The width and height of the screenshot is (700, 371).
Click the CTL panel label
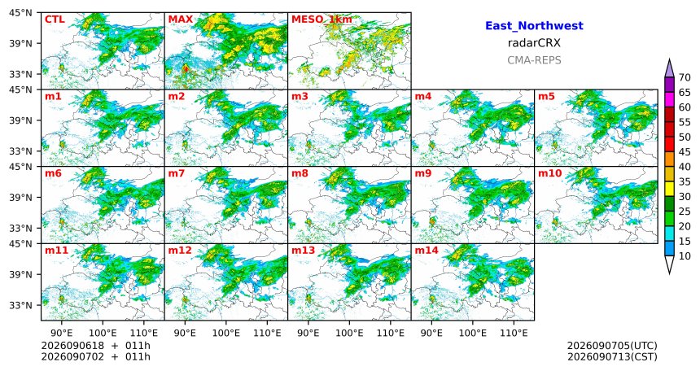pyautogui.click(x=55, y=20)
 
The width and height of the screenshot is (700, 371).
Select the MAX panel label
pyautogui.click(x=181, y=20)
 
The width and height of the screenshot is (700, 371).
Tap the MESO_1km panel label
pyautogui.click(x=322, y=20)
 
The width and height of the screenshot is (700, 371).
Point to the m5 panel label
pyautogui.click(x=547, y=97)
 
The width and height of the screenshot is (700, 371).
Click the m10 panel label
pyautogui.click(x=549, y=173)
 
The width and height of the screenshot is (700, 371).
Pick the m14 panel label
pyautogui.click(x=427, y=251)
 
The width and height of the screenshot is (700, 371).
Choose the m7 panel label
pyautogui.click(x=176, y=173)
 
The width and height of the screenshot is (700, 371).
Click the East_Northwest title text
pyautogui.click(x=534, y=26)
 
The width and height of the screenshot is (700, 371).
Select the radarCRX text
pyautogui.click(x=534, y=43)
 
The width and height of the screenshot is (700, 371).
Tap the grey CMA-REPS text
pyautogui.click(x=534, y=60)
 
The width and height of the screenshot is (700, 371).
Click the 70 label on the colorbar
pyautogui.click(x=684, y=77)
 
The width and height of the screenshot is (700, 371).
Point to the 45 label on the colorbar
pyautogui.click(x=684, y=152)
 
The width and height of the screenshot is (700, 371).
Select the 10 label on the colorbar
pyautogui.click(x=684, y=255)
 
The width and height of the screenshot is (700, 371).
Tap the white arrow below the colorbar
pyautogui.click(x=669, y=264)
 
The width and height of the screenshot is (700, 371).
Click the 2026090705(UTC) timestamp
pyautogui.click(x=612, y=346)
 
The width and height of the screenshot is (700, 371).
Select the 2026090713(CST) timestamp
pyautogui.click(x=612, y=356)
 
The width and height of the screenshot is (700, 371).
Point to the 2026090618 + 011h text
pyautogui.click(x=95, y=346)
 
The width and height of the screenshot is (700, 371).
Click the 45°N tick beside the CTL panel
pyautogui.click(x=20, y=13)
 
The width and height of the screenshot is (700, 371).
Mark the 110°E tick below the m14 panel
pyautogui.click(x=514, y=333)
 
